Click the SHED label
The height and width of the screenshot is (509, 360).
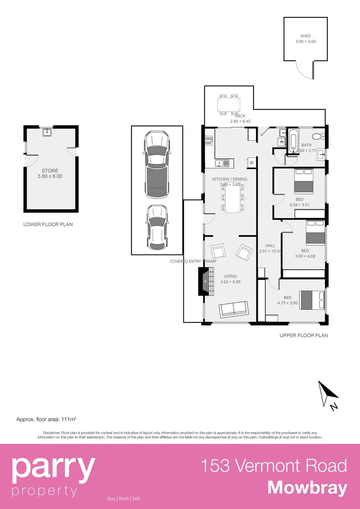tap(305, 36)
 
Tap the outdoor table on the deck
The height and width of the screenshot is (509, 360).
tap(228, 104)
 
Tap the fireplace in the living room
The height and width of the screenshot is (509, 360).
tap(205, 281)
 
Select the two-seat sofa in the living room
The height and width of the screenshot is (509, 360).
tap(233, 309)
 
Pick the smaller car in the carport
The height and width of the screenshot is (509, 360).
tap(156, 227)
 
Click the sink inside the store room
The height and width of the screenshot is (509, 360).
tap(46, 132)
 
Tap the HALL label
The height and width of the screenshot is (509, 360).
tap(270, 246)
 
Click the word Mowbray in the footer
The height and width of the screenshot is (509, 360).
tap(307, 488)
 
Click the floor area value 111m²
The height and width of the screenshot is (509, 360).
tap(69, 419)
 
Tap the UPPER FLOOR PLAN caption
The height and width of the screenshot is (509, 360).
tap(303, 336)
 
